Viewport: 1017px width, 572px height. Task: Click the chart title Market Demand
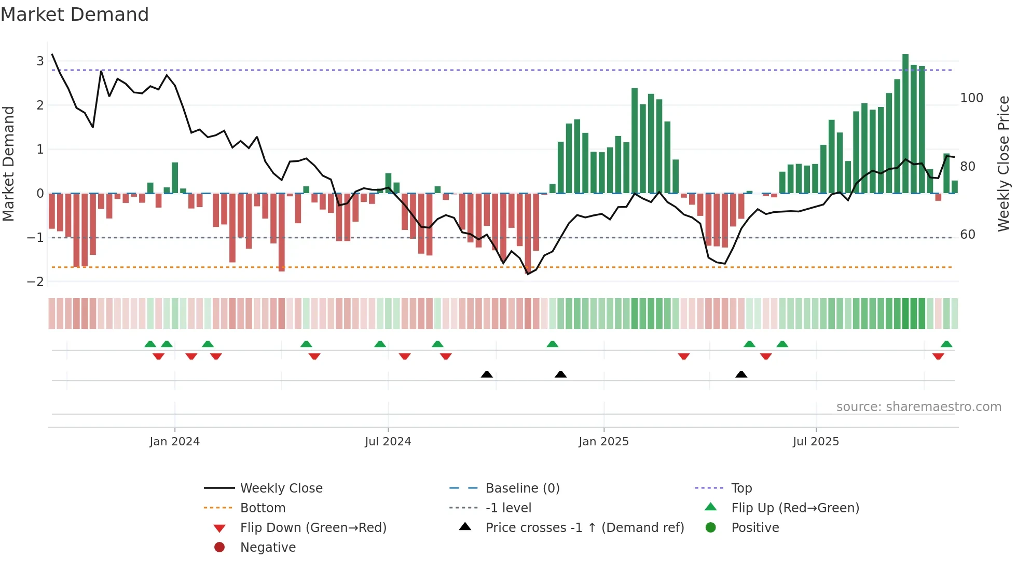[75, 15]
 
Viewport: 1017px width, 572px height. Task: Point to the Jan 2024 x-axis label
[174, 441]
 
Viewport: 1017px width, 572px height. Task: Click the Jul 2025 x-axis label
[815, 441]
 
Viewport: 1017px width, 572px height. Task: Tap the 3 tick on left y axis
[40, 61]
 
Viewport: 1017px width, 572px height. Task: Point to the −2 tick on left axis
[36, 281]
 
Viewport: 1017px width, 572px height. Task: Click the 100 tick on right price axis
[971, 98]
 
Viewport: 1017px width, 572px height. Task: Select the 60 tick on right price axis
[967, 234]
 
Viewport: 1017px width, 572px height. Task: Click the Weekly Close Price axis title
[1004, 164]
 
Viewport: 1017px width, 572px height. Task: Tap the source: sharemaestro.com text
[918, 406]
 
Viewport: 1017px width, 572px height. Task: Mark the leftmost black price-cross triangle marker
[487, 374]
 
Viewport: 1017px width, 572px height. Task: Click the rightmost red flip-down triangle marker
[938, 356]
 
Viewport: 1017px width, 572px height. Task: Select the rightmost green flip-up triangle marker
[946, 344]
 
